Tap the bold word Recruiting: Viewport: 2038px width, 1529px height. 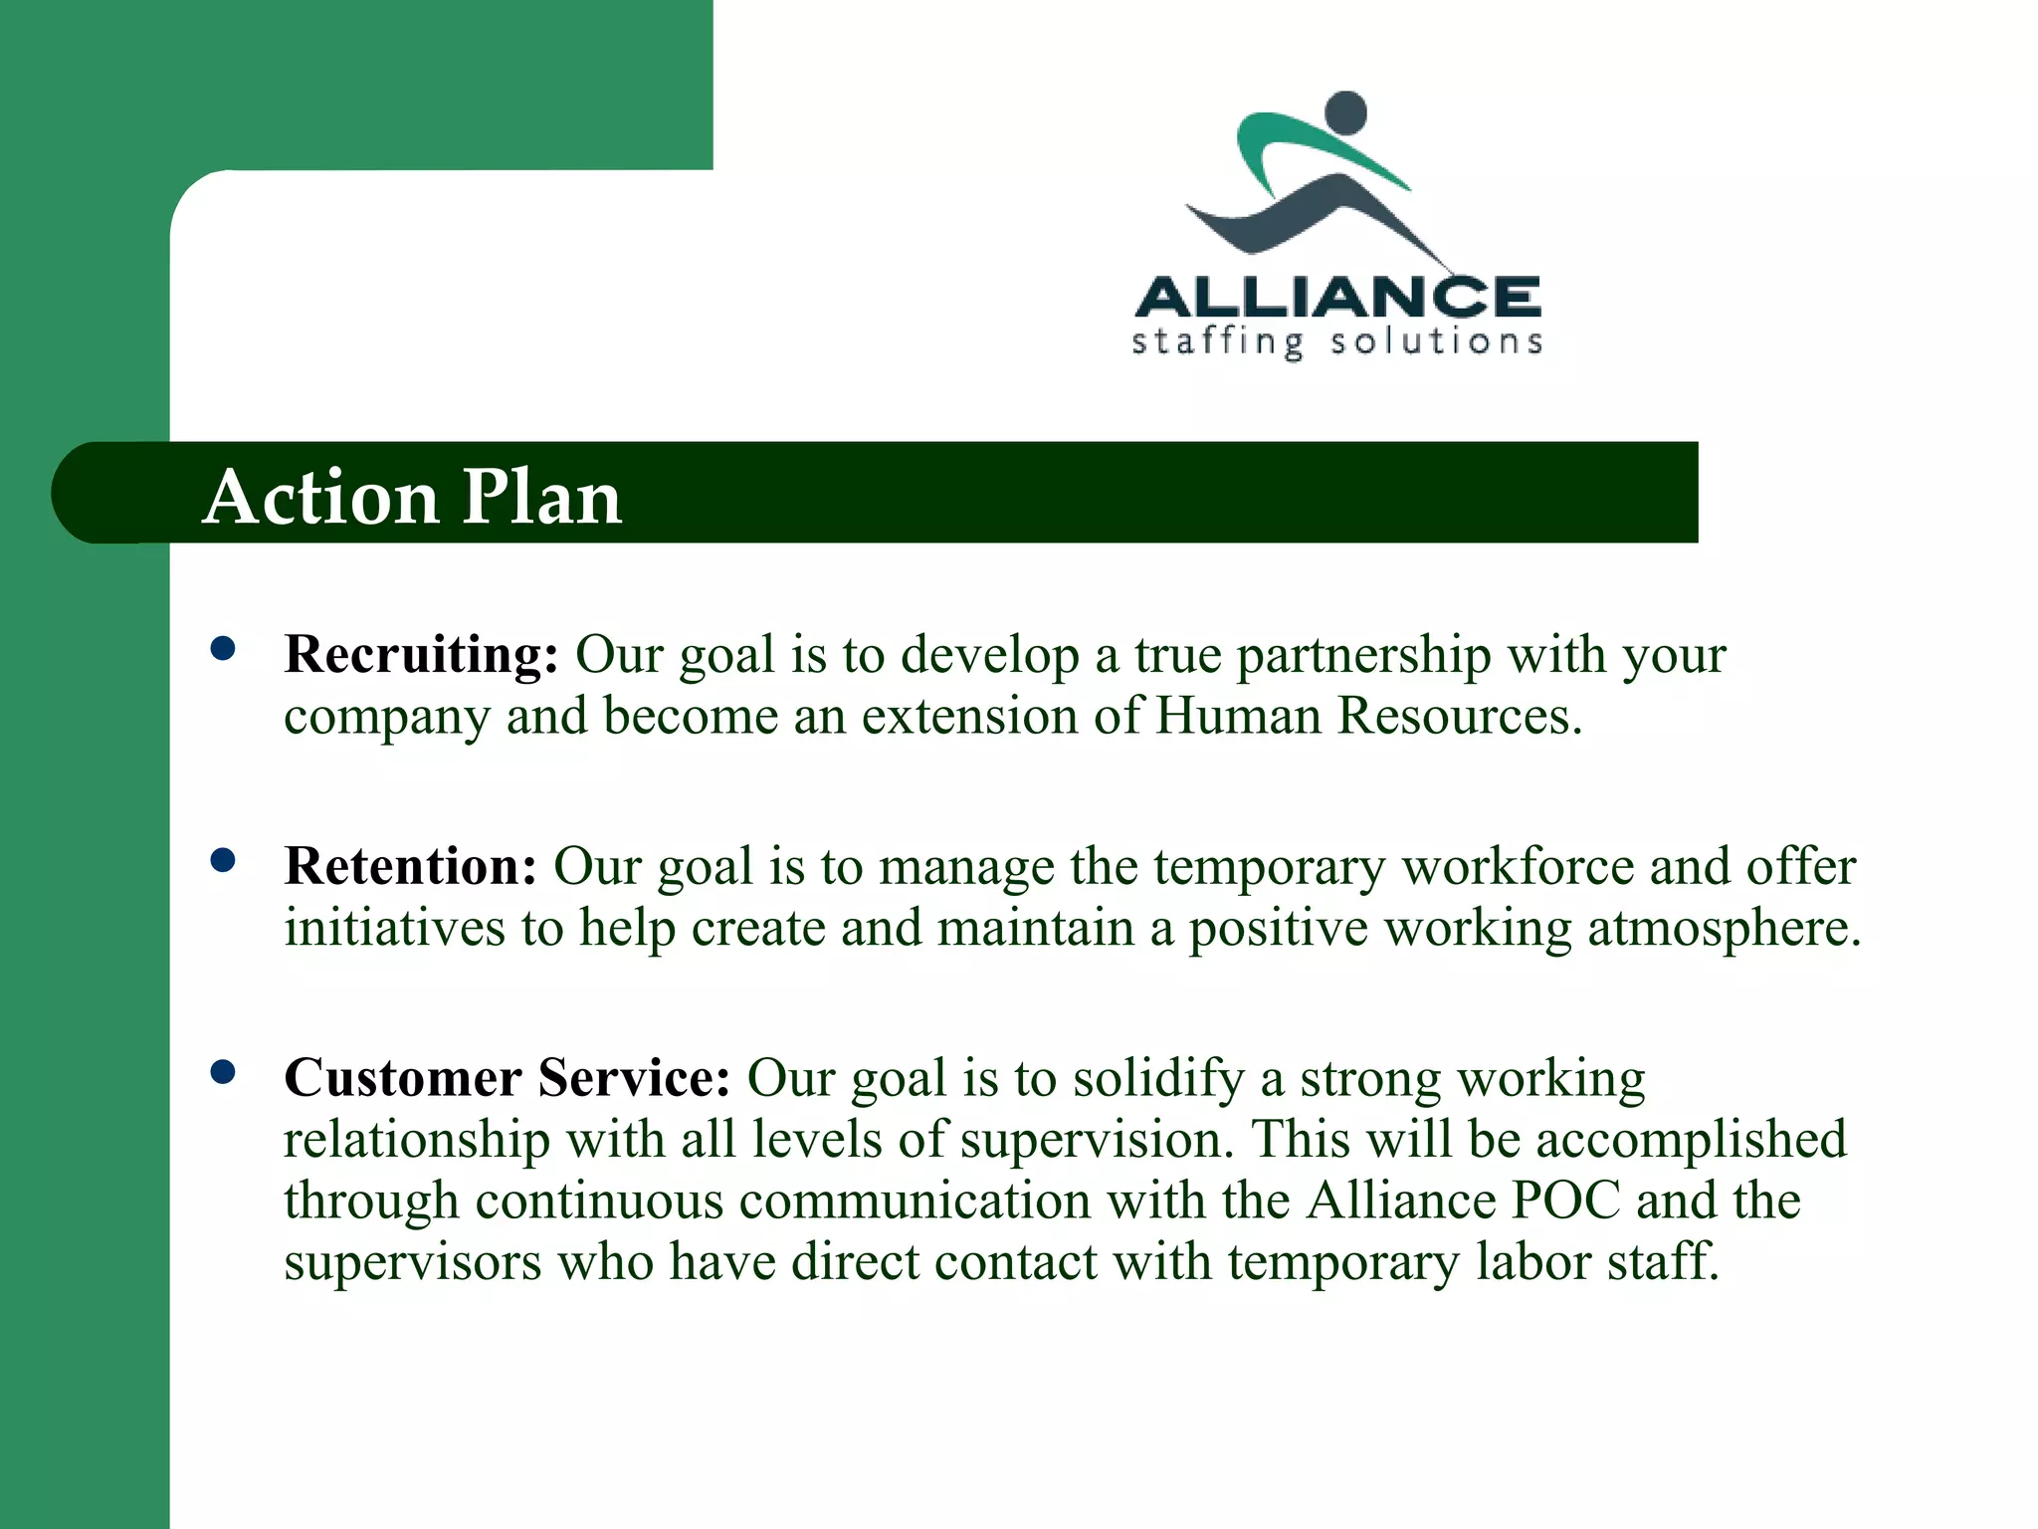pyautogui.click(x=421, y=655)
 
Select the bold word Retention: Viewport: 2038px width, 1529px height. pyautogui.click(x=410, y=866)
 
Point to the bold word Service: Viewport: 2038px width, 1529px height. pyautogui.click(x=634, y=1078)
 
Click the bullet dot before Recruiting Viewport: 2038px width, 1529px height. pyautogui.click(x=223, y=649)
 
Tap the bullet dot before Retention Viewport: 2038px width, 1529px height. pyautogui.click(x=223, y=860)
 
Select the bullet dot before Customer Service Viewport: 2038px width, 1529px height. pyautogui.click(x=223, y=1072)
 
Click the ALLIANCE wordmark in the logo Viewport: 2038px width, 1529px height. pyautogui.click(x=1337, y=297)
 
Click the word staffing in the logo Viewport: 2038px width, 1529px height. pyautogui.click(x=1217, y=342)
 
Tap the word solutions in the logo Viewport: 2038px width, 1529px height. pyautogui.click(x=1437, y=342)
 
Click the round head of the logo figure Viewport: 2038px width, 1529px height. pyautogui.click(x=1347, y=112)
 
